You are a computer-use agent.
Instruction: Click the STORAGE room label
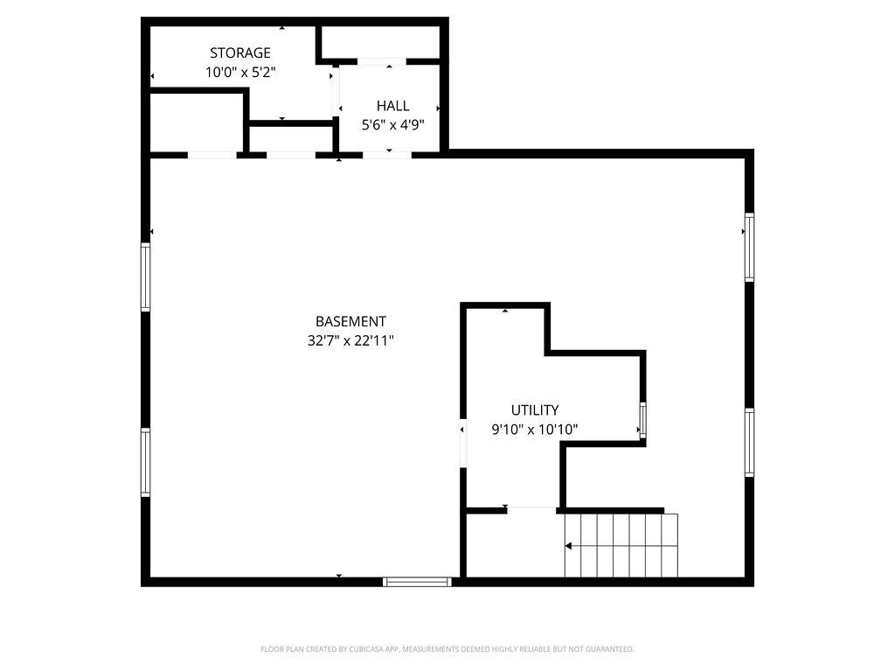point(239,53)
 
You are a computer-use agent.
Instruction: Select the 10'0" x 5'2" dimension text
point(240,73)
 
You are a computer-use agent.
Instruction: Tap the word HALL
point(392,106)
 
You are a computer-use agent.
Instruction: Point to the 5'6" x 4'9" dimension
point(392,125)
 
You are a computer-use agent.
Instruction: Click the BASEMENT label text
point(350,322)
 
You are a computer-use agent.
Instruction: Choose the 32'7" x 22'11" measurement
point(350,341)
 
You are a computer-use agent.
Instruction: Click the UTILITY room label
point(534,410)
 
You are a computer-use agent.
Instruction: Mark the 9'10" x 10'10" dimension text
point(534,430)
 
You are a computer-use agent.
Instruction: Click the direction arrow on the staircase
point(569,546)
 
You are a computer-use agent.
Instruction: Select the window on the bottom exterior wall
point(417,582)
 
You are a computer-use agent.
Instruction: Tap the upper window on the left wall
point(145,276)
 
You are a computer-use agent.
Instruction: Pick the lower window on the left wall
point(145,462)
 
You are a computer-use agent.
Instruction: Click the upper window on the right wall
point(749,248)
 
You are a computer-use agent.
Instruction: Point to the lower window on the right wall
point(749,442)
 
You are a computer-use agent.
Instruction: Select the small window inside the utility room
point(642,420)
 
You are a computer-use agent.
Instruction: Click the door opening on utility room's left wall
point(463,443)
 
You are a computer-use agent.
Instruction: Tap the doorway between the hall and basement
point(386,155)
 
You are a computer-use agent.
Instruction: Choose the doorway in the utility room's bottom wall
point(531,509)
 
